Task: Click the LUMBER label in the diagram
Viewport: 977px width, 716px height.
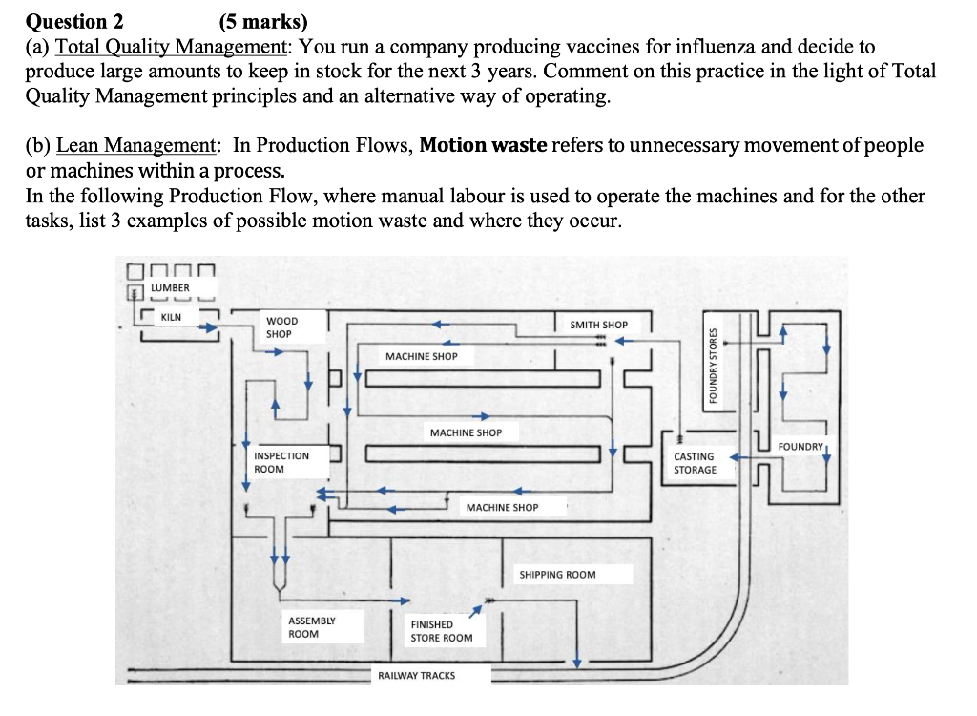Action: (x=170, y=287)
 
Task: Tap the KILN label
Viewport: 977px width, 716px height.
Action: (x=172, y=316)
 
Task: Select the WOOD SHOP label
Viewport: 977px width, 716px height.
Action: (x=281, y=327)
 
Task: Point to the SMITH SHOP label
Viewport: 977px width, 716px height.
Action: (x=598, y=325)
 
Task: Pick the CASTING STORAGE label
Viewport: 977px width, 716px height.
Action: (x=695, y=463)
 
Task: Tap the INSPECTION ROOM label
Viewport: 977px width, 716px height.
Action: (x=281, y=462)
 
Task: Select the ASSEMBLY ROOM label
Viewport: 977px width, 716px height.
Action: (x=311, y=626)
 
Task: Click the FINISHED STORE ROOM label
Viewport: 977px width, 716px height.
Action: (x=441, y=631)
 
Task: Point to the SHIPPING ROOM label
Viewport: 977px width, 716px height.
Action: (x=557, y=575)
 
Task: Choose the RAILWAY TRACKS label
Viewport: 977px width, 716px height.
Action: (x=416, y=675)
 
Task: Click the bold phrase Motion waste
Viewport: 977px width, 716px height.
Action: (x=483, y=145)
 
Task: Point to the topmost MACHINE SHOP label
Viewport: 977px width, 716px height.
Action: (x=421, y=356)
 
